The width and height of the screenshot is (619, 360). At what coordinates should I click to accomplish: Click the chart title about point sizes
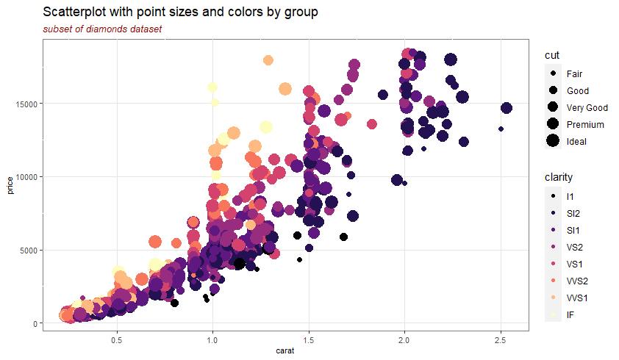pos(180,12)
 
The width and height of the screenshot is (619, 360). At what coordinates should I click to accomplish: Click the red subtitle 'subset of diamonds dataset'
pos(102,29)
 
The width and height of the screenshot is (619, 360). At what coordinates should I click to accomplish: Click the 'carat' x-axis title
pos(285,351)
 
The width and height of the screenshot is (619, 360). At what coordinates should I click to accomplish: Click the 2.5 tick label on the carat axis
pos(500,340)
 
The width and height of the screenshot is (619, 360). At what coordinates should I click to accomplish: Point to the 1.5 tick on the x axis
pos(309,340)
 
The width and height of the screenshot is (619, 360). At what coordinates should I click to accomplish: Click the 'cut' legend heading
pos(552,56)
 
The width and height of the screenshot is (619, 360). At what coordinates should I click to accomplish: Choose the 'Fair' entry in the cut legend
pos(574,73)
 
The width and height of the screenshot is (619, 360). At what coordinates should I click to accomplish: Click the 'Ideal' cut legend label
pos(576,141)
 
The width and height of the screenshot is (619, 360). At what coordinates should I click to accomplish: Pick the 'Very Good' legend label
pos(587,107)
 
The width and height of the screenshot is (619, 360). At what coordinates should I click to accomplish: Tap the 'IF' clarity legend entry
pos(570,314)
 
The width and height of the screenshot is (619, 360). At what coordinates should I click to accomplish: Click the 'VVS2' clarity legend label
pos(578,281)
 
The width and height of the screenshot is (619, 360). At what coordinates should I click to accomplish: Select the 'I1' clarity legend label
pos(570,196)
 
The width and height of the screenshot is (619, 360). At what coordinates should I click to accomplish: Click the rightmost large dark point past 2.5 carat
pos(506,108)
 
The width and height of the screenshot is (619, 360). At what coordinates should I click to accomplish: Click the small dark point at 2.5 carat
pos(501,129)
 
